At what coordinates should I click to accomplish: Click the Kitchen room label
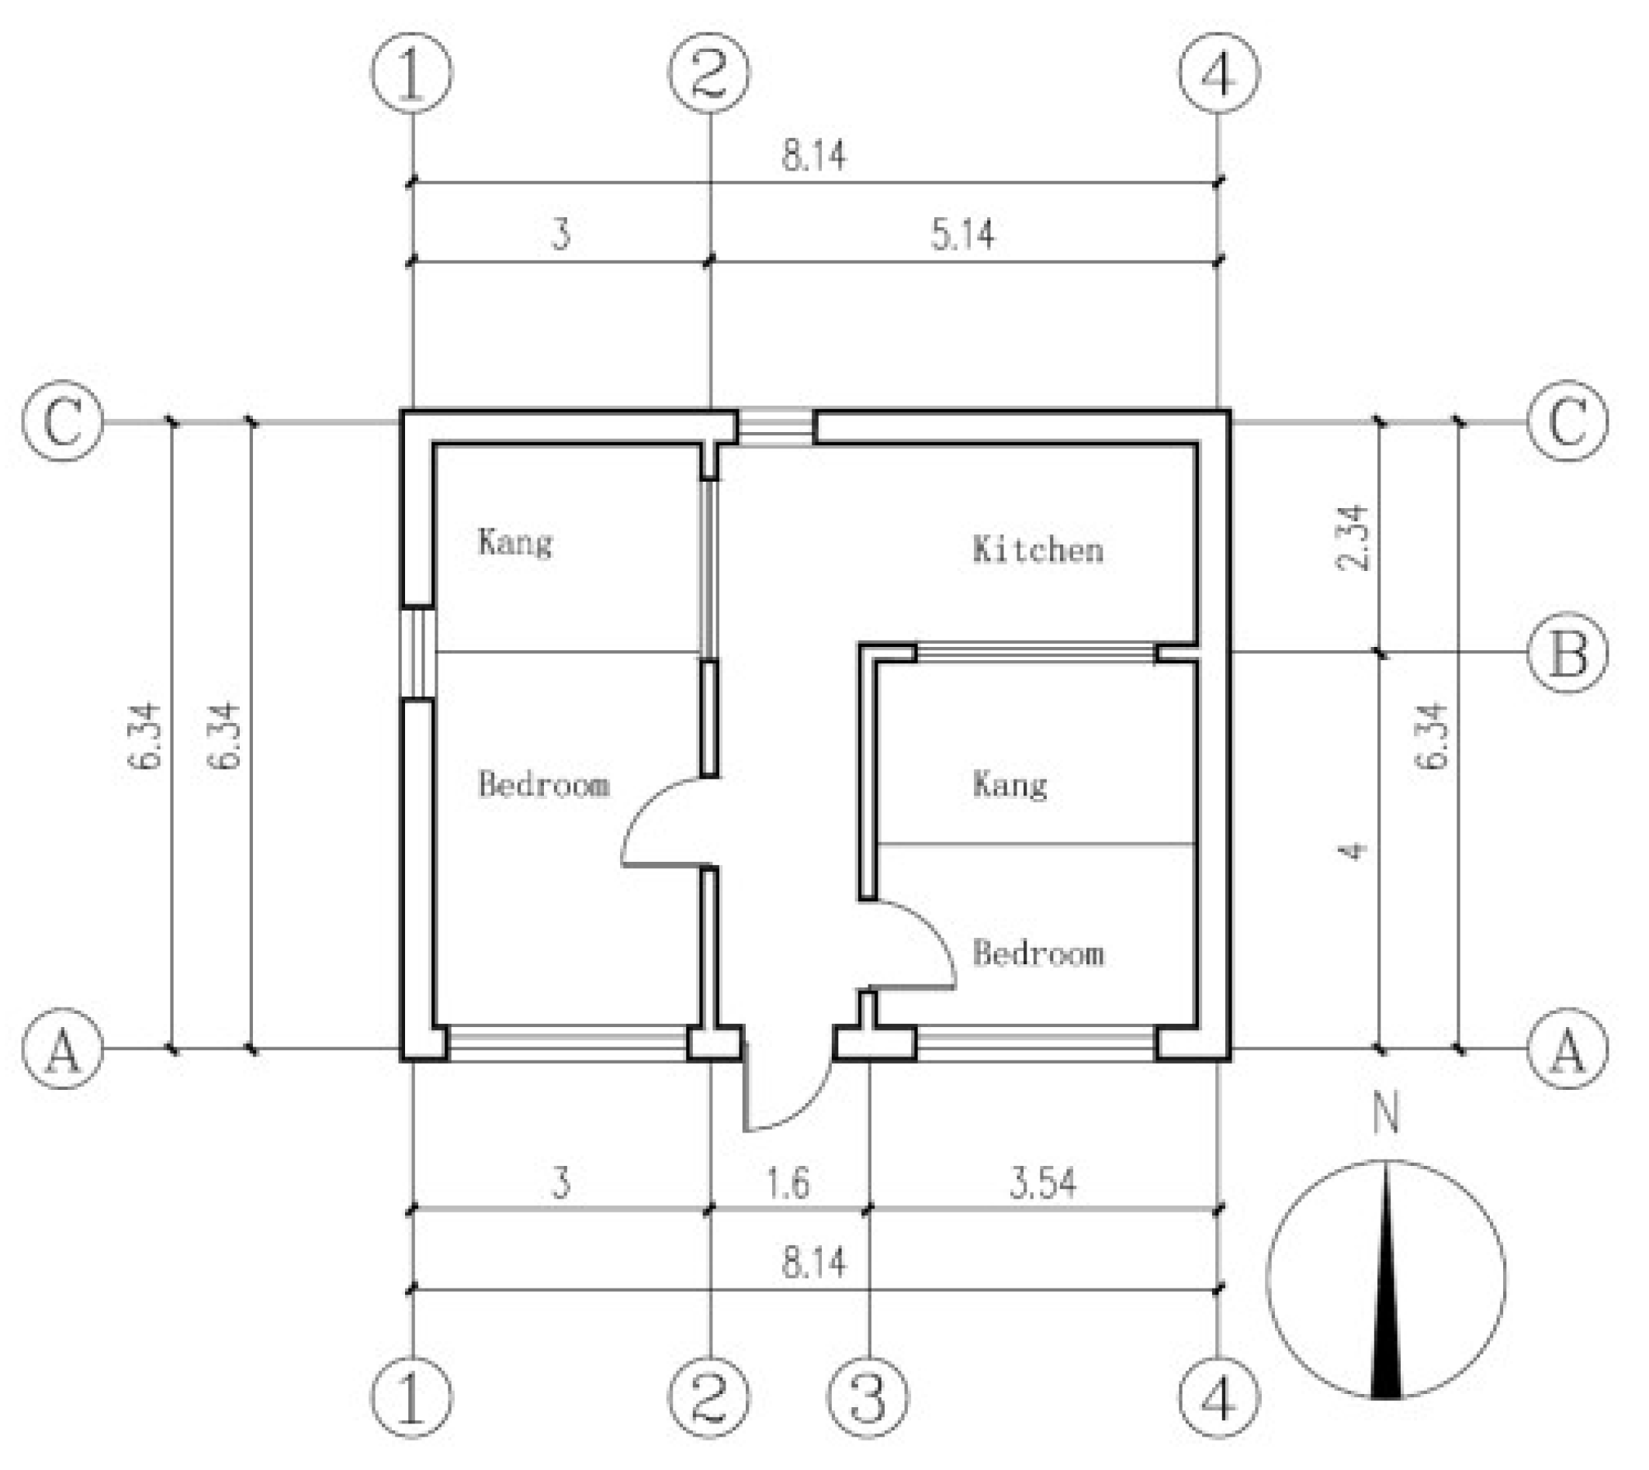(x=1038, y=549)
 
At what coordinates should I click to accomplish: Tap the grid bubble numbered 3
(x=868, y=1397)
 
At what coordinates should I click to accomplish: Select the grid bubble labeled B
(x=1567, y=652)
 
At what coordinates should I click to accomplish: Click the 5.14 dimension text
(x=962, y=235)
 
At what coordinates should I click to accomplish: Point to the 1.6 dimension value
(x=787, y=1183)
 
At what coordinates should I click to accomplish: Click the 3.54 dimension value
(x=1042, y=1183)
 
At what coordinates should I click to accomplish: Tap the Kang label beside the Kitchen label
(x=514, y=542)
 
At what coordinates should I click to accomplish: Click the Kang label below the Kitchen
(x=1010, y=784)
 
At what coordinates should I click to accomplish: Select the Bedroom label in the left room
(x=543, y=784)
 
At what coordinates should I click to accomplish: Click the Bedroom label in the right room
(x=1038, y=953)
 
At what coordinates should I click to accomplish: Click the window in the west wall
(x=418, y=652)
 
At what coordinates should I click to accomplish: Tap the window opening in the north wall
(x=776, y=427)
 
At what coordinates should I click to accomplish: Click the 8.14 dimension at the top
(x=813, y=155)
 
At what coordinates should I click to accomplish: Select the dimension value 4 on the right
(x=1354, y=850)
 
